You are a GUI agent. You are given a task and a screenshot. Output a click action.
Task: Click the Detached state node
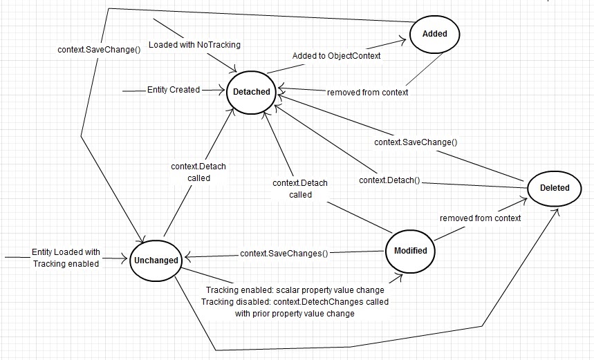[251, 92]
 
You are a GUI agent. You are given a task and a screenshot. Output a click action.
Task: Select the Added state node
[434, 33]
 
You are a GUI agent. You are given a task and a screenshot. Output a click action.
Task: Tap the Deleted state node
[555, 187]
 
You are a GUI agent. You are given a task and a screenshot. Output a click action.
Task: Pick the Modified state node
[410, 250]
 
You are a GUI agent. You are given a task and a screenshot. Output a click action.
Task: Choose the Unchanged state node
[156, 260]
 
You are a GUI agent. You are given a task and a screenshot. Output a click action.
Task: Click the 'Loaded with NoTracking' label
[194, 45]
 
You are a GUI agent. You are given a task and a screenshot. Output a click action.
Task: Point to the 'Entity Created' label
[174, 90]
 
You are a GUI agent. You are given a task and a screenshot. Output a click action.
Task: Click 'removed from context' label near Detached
[367, 92]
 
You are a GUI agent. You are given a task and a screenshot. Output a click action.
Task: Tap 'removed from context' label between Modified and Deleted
[480, 218]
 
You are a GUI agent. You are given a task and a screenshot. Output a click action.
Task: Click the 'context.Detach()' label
[390, 180]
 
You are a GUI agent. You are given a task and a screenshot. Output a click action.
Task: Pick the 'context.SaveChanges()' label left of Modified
[284, 254]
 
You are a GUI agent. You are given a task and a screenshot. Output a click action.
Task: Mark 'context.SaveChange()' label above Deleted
[416, 142]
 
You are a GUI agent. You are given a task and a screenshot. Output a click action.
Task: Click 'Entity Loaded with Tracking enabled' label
[66, 258]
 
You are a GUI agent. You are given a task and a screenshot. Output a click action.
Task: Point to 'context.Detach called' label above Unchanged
[198, 172]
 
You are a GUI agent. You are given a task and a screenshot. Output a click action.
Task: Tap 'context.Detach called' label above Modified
[300, 189]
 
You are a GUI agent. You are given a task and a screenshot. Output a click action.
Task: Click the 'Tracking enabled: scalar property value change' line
[295, 290]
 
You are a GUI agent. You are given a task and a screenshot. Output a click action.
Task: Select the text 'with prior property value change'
[295, 313]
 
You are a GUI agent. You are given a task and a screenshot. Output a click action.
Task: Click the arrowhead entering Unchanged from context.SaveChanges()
[185, 254]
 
